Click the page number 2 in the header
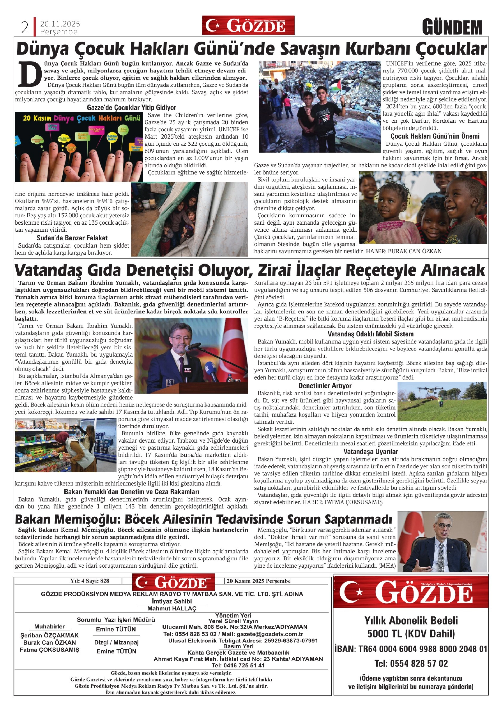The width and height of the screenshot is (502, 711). coord(25,28)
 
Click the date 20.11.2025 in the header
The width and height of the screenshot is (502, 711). coord(60,24)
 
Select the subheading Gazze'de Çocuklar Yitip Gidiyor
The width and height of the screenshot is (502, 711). coord(132,107)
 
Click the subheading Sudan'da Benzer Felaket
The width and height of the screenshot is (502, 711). coord(72,238)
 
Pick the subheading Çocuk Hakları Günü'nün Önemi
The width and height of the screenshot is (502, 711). coord(435,136)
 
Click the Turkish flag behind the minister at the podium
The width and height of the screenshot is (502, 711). coord(235,344)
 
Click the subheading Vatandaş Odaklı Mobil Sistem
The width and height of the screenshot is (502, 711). coord(370,334)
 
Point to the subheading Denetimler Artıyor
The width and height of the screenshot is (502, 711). coord(325,386)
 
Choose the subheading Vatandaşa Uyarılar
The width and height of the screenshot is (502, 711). coord(370,452)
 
